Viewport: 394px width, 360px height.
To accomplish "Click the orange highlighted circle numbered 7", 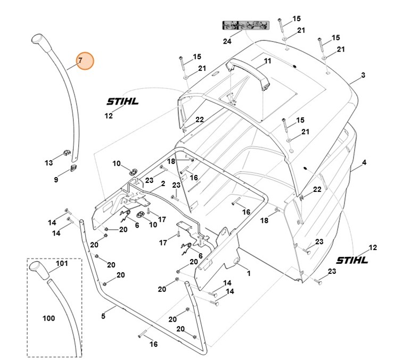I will point(81,61).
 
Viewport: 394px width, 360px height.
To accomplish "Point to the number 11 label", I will point(267,61).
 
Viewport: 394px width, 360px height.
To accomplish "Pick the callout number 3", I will point(363,76).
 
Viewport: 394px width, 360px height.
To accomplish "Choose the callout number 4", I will point(364,162).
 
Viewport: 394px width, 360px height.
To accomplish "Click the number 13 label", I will point(48,162).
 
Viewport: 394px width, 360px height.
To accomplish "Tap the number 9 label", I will point(56,180).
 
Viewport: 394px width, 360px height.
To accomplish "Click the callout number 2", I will point(163,183).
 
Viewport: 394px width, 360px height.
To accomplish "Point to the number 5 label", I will point(103,316).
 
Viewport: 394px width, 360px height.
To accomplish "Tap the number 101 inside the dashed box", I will point(62,263).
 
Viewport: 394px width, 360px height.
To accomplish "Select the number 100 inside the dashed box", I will point(48,318).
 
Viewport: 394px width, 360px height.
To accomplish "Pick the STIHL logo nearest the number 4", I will point(352,260).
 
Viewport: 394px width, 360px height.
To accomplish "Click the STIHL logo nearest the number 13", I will point(122,101).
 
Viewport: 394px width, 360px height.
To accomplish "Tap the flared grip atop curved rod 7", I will point(40,41).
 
